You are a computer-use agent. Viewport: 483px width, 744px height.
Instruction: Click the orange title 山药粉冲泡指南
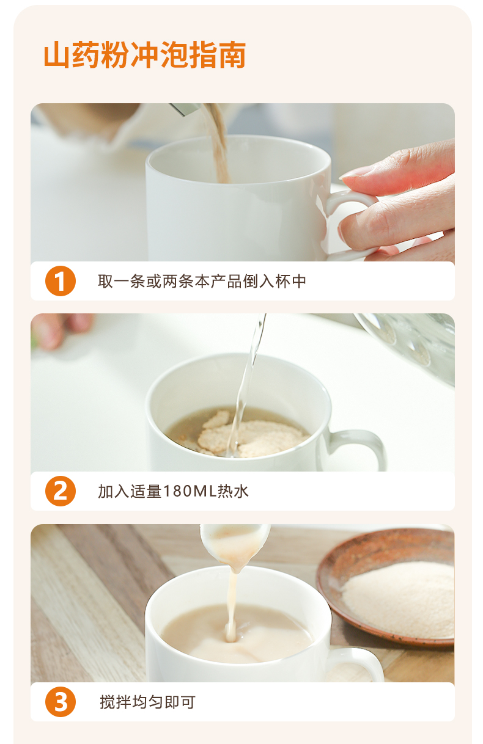[145, 55]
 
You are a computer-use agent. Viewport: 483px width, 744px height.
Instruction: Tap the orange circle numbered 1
[61, 281]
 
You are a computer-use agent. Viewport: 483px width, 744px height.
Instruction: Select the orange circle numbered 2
[61, 491]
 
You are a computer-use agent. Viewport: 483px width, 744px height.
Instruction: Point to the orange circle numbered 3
[61, 702]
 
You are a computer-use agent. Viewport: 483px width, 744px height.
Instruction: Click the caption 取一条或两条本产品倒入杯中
[202, 282]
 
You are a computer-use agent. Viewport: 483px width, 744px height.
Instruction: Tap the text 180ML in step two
[190, 491]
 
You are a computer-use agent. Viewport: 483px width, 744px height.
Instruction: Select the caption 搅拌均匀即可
[147, 702]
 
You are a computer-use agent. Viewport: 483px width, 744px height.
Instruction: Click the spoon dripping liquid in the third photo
[234, 545]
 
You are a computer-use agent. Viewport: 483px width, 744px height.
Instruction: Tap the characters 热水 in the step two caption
[233, 491]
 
